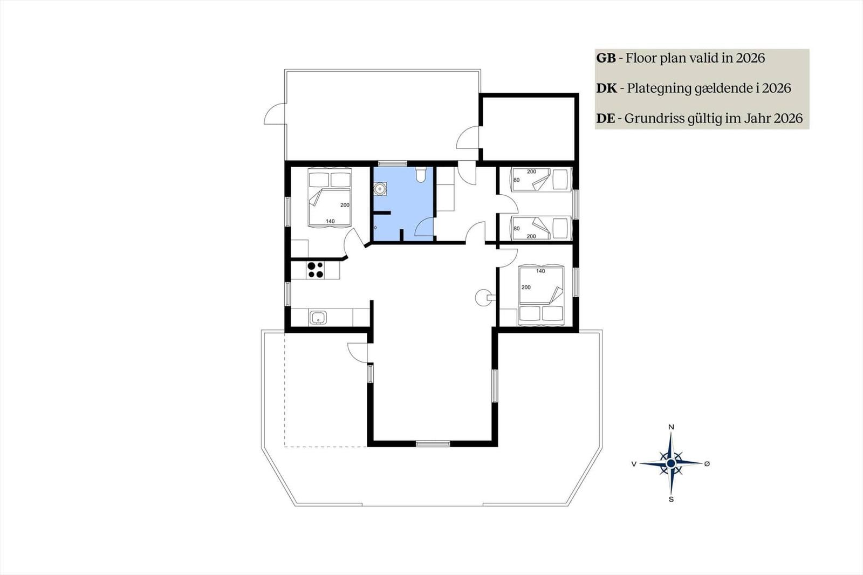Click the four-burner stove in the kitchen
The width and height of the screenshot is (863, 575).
click(x=316, y=270)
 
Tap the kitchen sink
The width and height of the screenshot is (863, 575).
click(x=318, y=318)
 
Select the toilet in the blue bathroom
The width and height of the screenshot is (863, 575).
click(x=420, y=174)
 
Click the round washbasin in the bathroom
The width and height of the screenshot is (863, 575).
click(x=380, y=189)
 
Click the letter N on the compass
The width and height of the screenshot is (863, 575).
click(x=671, y=427)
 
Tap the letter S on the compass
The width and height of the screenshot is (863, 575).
click(x=671, y=499)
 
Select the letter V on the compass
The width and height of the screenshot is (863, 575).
click(x=634, y=464)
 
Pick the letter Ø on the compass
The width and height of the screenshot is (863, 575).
click(x=707, y=464)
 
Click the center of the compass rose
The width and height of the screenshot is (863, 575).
click(x=671, y=463)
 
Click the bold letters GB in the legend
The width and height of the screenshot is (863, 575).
click(x=606, y=58)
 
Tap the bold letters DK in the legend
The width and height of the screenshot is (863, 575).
click(x=607, y=88)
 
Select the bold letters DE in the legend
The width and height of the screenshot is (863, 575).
click(x=606, y=118)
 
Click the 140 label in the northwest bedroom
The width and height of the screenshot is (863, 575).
click(x=330, y=221)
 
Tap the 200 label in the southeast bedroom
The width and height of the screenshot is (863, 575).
click(x=526, y=287)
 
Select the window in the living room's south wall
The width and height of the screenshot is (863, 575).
click(x=433, y=443)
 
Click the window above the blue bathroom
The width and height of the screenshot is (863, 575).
click(x=393, y=163)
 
